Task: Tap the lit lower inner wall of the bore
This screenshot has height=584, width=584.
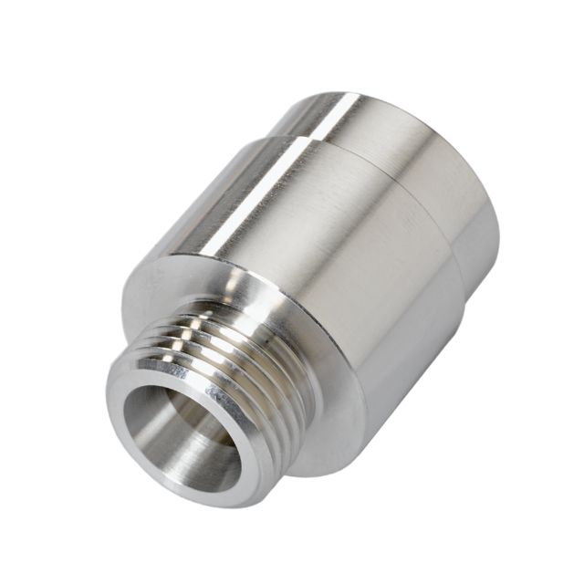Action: click(x=205, y=461)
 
